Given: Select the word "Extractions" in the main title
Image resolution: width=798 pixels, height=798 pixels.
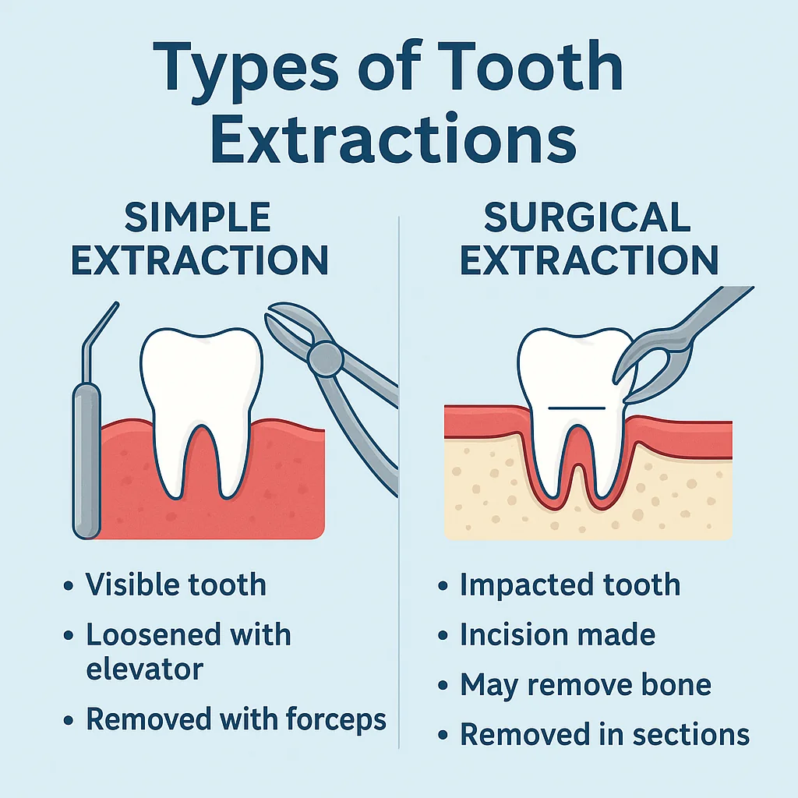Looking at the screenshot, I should pos(394,141).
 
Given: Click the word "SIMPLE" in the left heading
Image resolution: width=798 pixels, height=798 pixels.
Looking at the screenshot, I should pos(198,217).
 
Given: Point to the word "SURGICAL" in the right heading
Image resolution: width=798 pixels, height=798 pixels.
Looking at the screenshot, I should pos(588,217).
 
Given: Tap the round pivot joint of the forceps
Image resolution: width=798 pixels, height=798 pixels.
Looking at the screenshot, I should pos(324,359).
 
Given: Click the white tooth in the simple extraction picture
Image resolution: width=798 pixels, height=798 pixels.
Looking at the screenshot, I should pos(201,390).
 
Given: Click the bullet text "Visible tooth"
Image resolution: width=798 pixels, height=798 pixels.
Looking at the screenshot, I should pos(176,584).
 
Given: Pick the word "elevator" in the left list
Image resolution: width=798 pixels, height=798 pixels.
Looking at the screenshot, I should pos(145,668).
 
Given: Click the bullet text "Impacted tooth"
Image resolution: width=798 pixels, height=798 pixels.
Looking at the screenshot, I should pos(570,584).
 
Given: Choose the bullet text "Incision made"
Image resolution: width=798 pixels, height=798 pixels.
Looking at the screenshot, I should pos(557,635).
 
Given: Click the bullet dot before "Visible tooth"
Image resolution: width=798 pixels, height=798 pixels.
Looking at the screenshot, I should pos(69,586).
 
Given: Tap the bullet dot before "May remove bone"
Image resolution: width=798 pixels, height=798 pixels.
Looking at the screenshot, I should pos(443,687).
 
